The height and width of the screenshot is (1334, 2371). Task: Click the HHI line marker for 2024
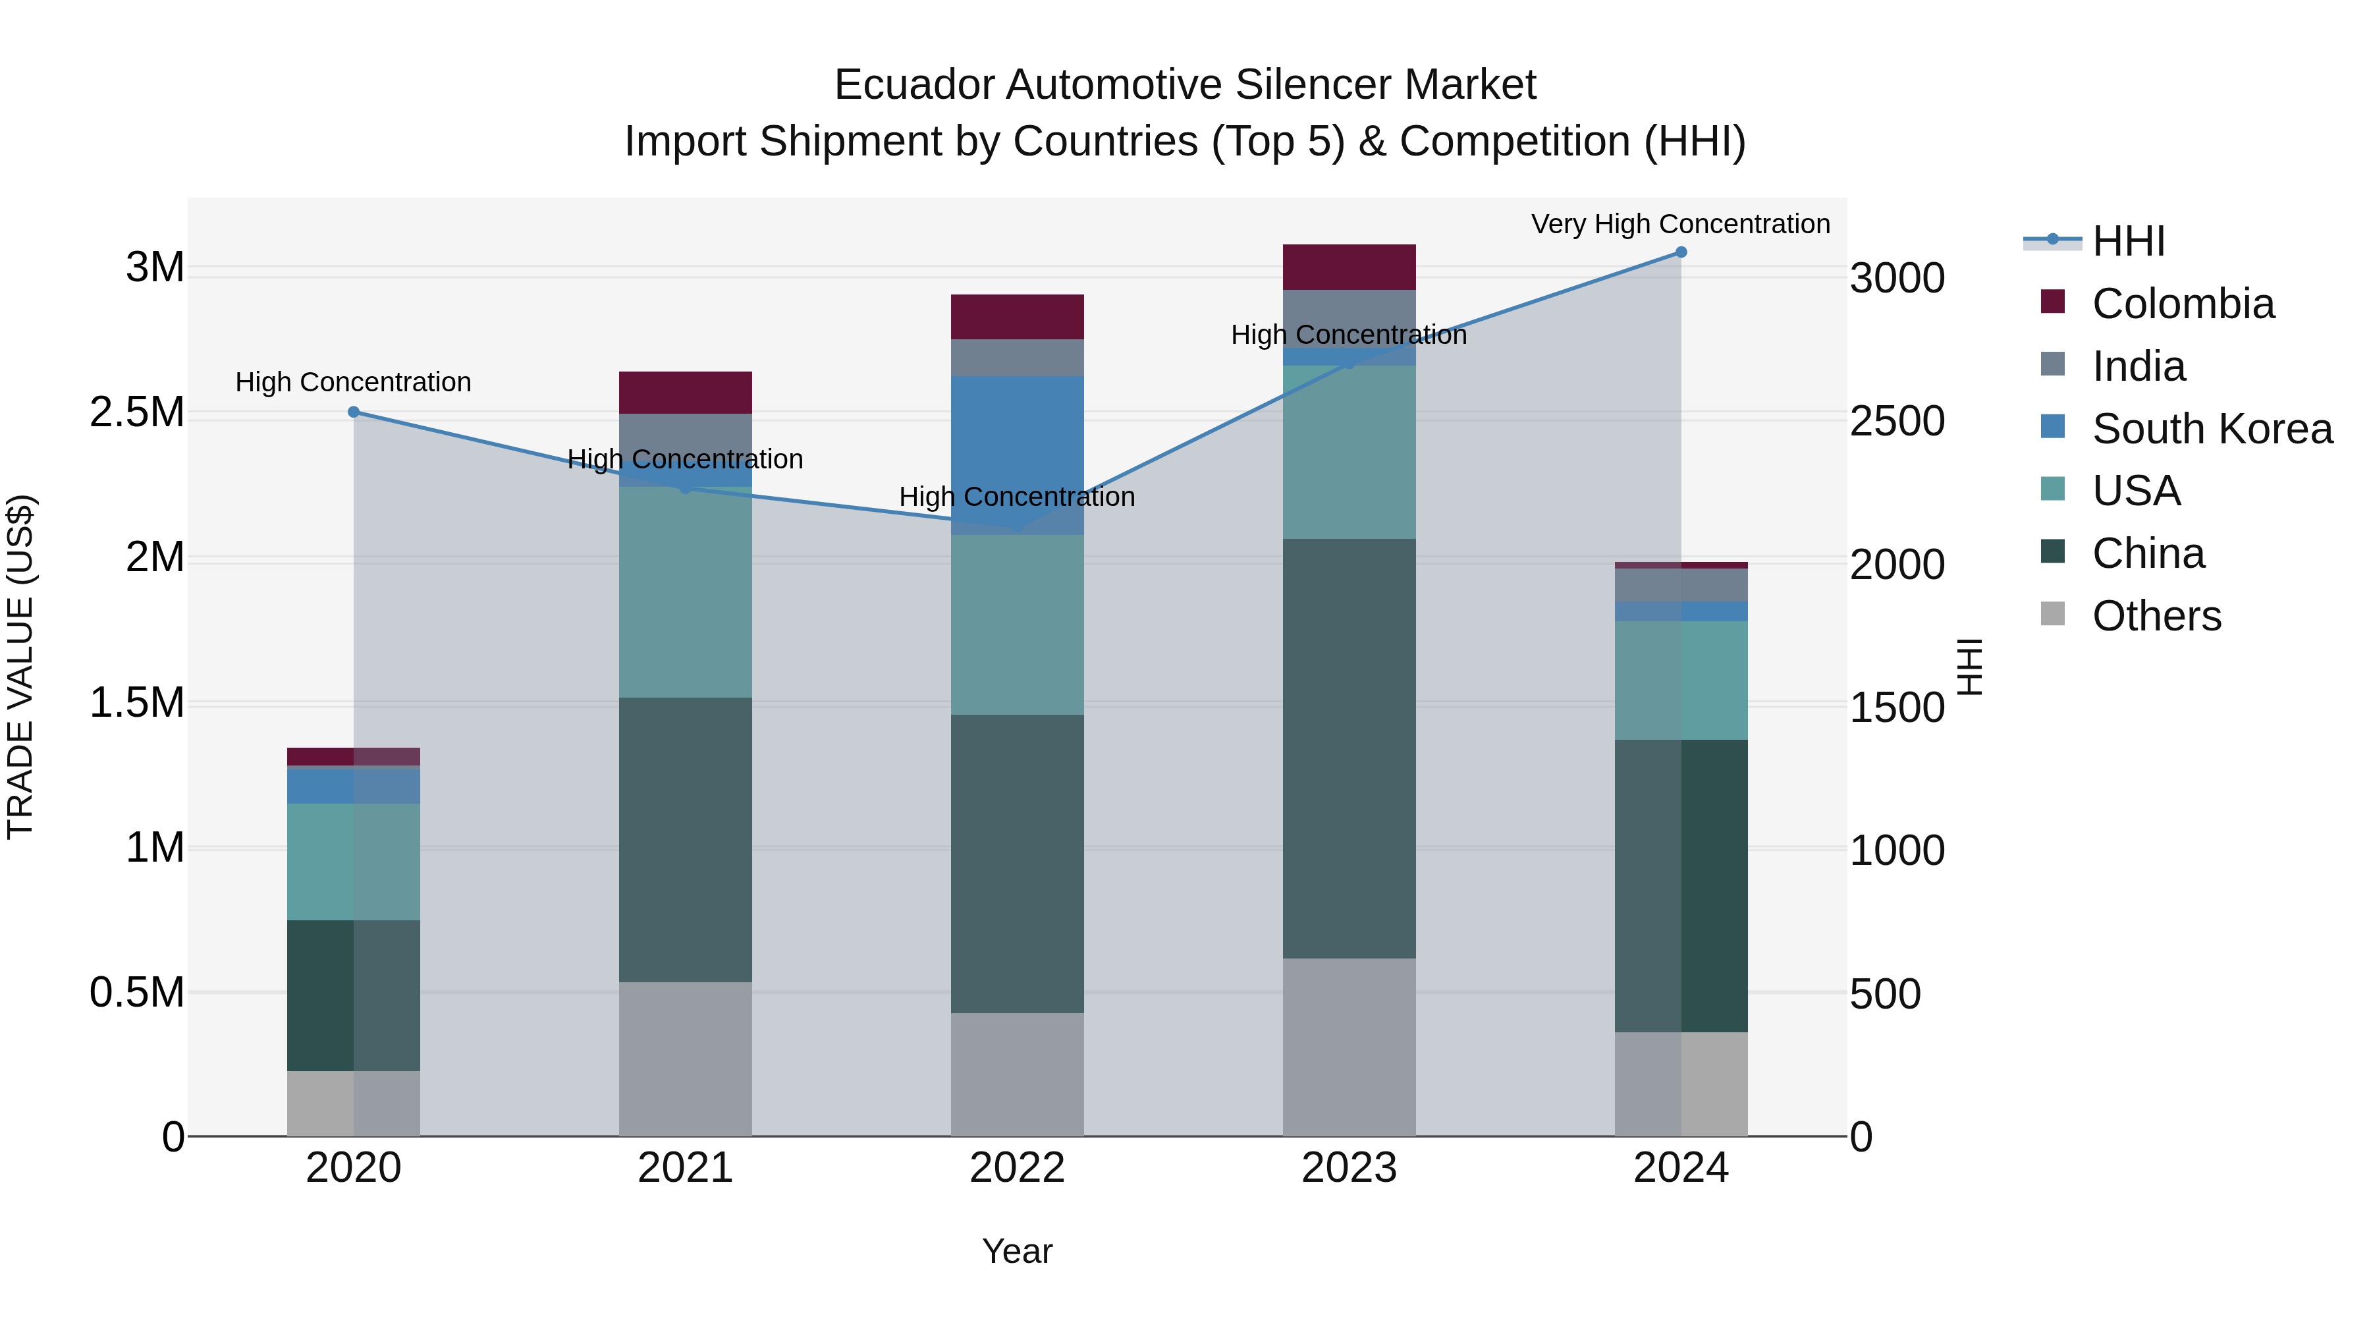coord(1681,252)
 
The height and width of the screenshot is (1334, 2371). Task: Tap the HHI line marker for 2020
coord(354,412)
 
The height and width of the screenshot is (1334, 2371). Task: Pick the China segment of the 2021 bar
coord(685,840)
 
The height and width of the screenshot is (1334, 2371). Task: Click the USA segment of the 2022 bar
coord(1017,625)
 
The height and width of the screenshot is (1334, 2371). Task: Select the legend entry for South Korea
coord(2212,428)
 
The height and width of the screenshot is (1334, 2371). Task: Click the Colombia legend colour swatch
coord(2052,302)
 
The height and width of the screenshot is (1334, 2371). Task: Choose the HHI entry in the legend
coord(2128,241)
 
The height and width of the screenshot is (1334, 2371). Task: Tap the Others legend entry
coord(2156,616)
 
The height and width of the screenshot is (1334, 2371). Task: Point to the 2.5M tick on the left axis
coord(137,412)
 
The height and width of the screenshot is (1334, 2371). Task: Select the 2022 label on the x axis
coord(1017,1168)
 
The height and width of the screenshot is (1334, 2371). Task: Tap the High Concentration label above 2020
coord(354,382)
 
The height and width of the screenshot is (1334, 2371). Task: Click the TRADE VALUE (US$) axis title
coord(20,667)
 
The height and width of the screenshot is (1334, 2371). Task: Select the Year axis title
coord(1017,1251)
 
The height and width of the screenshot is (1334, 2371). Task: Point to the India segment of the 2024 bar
coord(1681,584)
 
